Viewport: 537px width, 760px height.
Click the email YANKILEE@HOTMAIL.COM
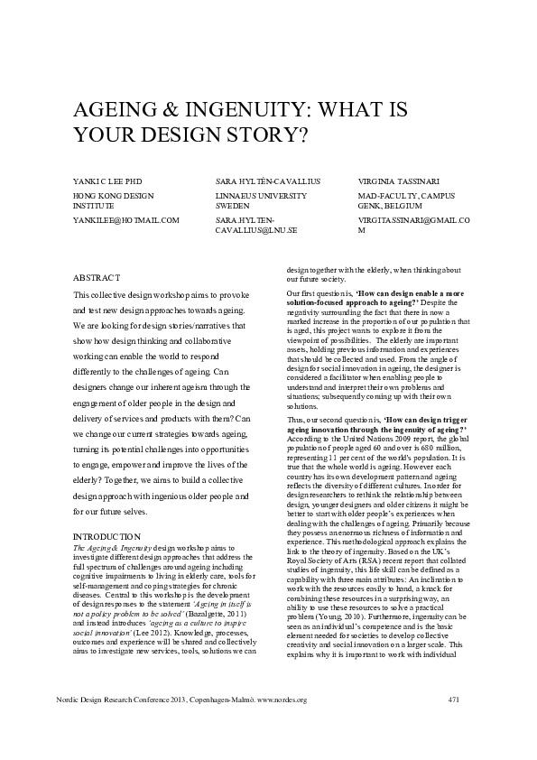tap(125, 219)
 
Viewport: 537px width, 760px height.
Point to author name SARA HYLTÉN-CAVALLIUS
tap(268, 181)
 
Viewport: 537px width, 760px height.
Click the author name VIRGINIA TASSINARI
tap(399, 181)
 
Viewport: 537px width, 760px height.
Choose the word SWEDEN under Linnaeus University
tap(232, 205)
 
